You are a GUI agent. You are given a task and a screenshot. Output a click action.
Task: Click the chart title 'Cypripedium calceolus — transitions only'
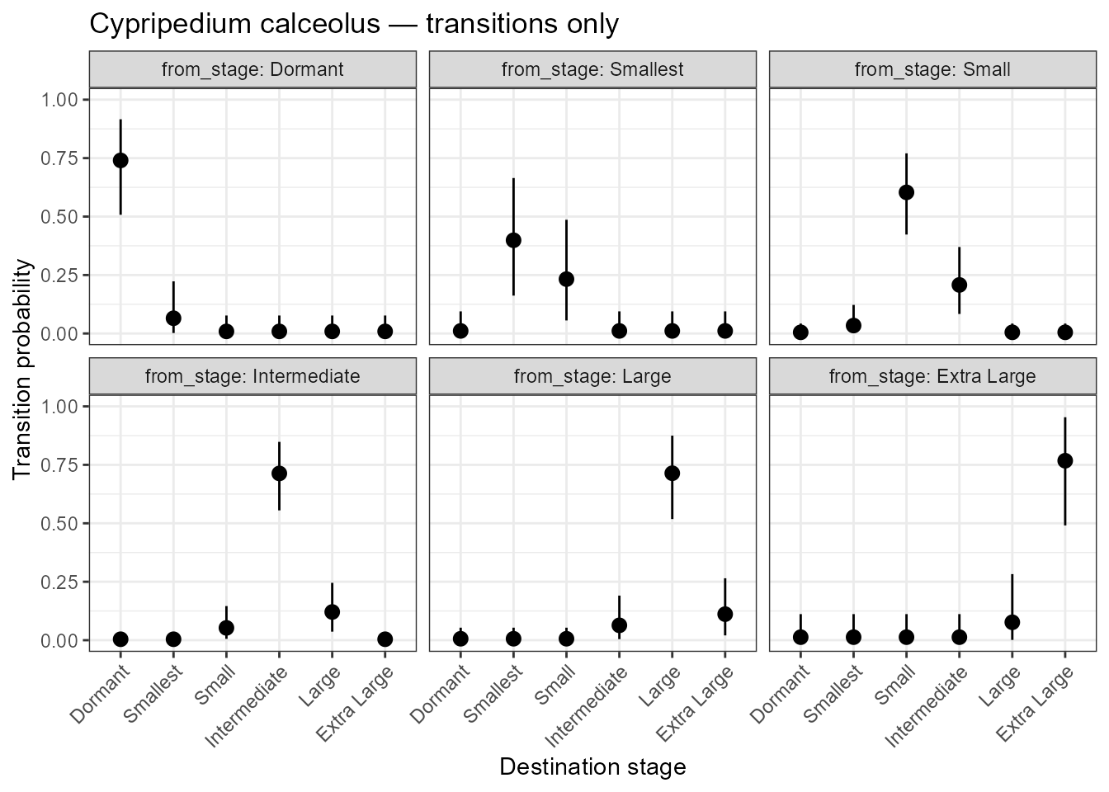(353, 25)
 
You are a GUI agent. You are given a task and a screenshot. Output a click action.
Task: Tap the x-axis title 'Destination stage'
(592, 766)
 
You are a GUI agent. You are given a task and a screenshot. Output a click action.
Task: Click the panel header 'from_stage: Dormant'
(252, 69)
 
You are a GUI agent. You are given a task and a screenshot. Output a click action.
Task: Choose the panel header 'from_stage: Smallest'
(592, 69)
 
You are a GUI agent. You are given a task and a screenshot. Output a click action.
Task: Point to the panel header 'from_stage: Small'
(932, 69)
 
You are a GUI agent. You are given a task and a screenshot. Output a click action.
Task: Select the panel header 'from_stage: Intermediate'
(252, 377)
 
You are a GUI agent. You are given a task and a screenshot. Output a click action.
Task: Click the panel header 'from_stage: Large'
(592, 377)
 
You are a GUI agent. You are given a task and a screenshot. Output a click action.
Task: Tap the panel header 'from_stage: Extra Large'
(932, 377)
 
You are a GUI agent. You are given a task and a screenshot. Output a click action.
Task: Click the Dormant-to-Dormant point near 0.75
(120, 160)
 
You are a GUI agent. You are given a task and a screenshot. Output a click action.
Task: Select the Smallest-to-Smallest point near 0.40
(513, 240)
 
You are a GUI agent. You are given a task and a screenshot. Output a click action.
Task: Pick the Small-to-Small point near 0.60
(906, 192)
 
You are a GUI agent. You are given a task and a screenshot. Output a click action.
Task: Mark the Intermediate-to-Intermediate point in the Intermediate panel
(279, 473)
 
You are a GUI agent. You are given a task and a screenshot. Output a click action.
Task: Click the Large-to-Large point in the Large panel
(672, 473)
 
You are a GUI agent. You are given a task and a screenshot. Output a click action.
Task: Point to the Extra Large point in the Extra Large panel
(1064, 460)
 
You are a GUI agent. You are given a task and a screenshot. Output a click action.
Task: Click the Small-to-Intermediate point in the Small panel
(959, 285)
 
